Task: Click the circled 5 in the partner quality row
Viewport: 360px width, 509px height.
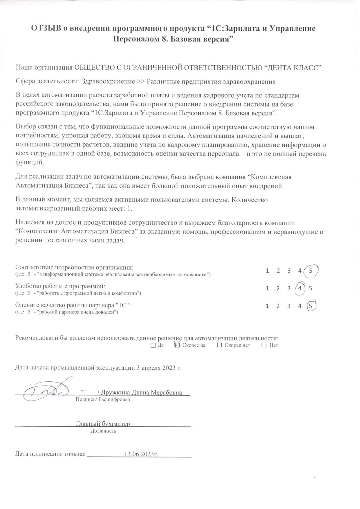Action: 311,306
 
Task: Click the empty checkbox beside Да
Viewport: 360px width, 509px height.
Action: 153,345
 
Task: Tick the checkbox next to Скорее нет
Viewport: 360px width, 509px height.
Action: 220,345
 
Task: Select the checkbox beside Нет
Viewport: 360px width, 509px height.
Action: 264,345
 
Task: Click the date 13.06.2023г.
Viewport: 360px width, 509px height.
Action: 141,454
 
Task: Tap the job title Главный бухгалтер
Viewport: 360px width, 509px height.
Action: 103,424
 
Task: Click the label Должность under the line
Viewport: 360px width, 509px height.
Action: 103,431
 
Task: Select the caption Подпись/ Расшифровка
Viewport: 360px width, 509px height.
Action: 103,400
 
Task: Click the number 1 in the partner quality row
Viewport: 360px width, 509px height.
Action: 267,306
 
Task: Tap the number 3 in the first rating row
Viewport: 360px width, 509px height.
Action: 289,271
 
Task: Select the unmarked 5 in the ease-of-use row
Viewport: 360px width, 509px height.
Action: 311,288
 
